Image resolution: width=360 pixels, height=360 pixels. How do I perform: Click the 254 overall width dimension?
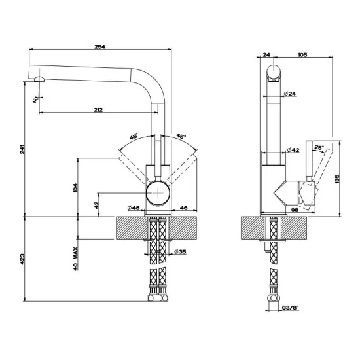100,46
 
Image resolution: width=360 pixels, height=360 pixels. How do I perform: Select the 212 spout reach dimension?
97,110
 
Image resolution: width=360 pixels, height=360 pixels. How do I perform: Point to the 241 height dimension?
24,149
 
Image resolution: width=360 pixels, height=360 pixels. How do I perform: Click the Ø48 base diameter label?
133,208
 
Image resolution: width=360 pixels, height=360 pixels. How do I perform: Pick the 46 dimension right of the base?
183,208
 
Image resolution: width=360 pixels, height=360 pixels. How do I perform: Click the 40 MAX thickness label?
77,259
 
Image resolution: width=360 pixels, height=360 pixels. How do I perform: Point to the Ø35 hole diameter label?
181,251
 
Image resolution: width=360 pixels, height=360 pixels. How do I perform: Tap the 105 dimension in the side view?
302,55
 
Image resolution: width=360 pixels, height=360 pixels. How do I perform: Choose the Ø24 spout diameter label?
291,94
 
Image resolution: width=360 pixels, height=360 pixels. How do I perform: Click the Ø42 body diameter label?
295,150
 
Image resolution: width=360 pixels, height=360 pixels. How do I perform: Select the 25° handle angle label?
319,148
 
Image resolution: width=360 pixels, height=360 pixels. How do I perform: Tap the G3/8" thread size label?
290,307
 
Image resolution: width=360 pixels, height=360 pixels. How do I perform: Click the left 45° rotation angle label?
134,137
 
